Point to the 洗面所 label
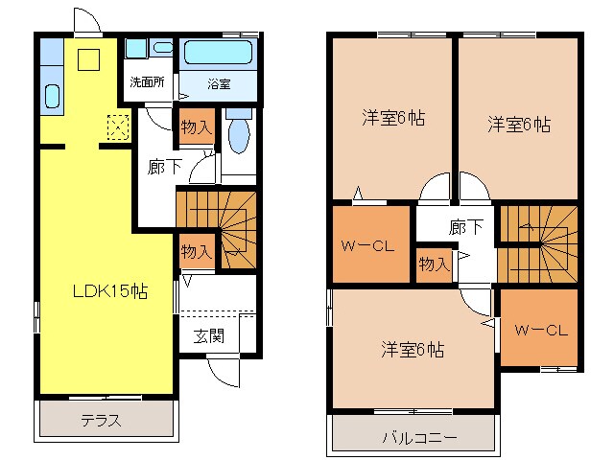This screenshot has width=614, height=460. click(x=148, y=81)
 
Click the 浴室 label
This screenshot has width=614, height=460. click(x=219, y=83)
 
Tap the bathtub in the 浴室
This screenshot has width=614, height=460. click(x=219, y=53)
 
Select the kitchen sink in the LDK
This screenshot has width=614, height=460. click(x=53, y=96)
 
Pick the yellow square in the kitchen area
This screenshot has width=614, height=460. click(x=89, y=59)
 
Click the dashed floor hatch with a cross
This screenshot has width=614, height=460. click(x=118, y=126)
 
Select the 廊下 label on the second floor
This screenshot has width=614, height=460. click(x=465, y=228)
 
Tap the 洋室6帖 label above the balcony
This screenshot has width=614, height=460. click(x=411, y=350)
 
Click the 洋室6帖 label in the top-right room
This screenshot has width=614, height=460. click(x=518, y=124)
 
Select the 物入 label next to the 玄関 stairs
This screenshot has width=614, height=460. click(x=197, y=252)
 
